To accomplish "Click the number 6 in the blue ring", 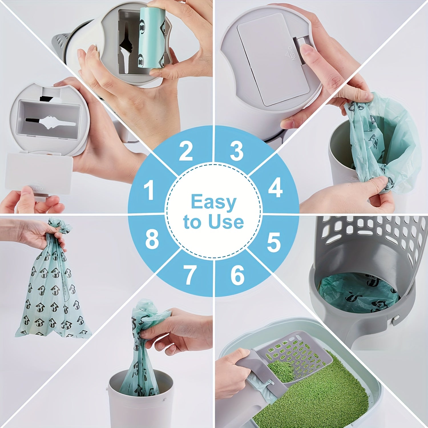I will (237, 275).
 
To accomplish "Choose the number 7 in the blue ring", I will (189, 275).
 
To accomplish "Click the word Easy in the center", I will (213, 203).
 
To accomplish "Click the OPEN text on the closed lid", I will (292, 54).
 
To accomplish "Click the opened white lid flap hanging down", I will (39, 173).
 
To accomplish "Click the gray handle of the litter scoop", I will (251, 368).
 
